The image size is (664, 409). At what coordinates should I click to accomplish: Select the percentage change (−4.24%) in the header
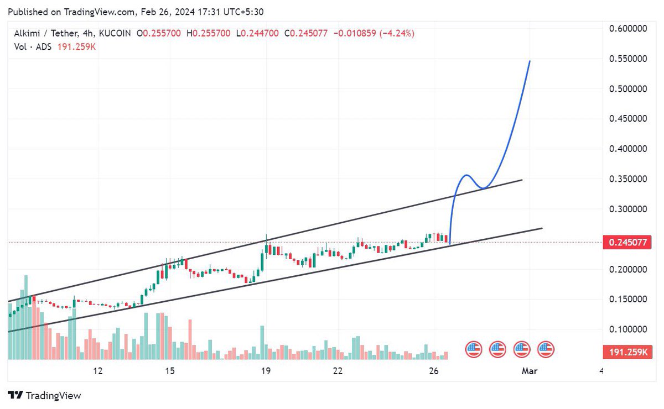coord(397,34)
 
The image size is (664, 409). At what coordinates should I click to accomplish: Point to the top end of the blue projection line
coord(530,61)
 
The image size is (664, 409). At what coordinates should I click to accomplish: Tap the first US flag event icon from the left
coord(473,349)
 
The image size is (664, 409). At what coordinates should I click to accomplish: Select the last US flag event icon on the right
coord(546,349)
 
